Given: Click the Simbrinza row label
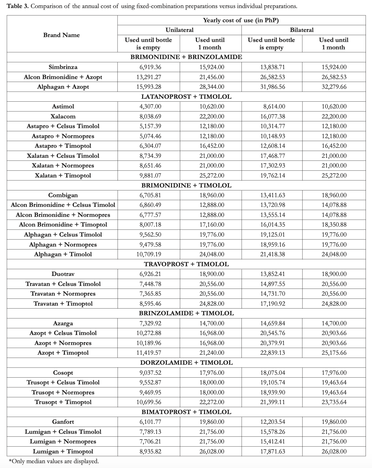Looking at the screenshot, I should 63,67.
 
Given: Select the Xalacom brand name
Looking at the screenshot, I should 63,116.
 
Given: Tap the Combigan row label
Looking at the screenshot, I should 63,195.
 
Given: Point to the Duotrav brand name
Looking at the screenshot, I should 63,274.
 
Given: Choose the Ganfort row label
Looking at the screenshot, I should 63,422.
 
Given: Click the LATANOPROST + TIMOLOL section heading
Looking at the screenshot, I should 186,97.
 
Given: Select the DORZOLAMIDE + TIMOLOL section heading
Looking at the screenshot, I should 186,362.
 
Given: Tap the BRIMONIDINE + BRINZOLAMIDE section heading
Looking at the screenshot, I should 186,57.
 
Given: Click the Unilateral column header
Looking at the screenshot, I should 180,30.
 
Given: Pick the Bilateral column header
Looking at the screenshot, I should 302,30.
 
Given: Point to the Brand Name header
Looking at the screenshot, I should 62,35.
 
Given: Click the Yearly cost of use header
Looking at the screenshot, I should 241,20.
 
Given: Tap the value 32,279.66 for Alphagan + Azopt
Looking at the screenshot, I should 334,87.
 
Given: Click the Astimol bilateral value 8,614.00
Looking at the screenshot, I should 272,107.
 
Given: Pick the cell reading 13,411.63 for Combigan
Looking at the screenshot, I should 272,195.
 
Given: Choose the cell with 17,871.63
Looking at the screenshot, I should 272,452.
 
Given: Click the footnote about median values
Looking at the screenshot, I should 53,461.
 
